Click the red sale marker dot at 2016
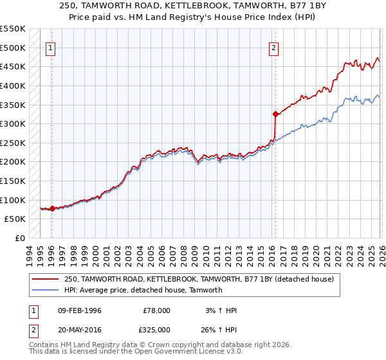(275, 114)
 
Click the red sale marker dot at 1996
(52, 208)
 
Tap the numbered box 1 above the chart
(51, 47)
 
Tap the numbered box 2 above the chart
(274, 47)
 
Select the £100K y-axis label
(13, 200)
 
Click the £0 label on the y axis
(21, 238)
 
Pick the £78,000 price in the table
(157, 310)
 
